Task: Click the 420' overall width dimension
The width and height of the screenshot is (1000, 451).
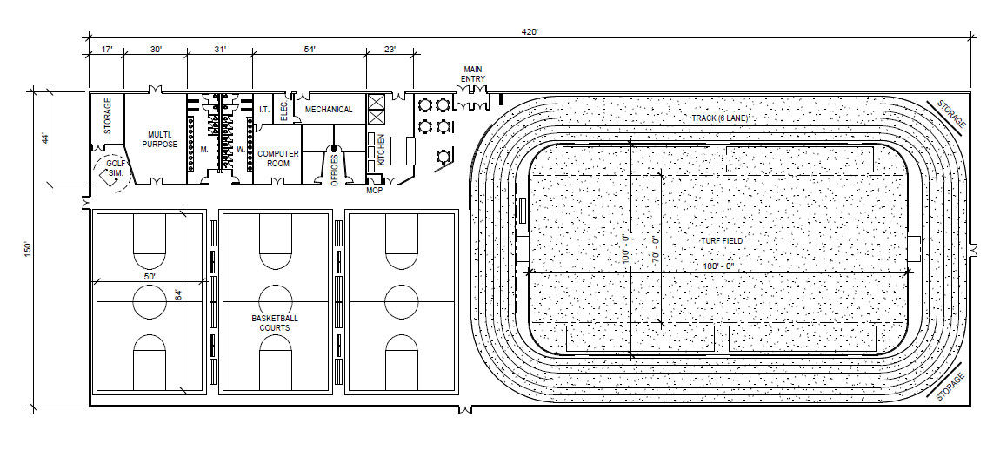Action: coord(530,31)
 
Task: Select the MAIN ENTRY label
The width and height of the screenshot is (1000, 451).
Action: coord(472,73)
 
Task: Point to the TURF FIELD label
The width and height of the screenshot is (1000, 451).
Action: coord(718,240)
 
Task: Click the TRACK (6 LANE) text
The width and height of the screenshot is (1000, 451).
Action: coord(719,118)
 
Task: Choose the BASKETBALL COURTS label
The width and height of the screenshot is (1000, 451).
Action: coord(275,323)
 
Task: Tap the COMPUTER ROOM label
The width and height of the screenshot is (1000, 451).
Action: coord(277,158)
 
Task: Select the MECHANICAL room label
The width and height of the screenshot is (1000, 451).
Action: coord(329,110)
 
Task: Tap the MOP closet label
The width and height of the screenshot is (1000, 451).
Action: coord(375,189)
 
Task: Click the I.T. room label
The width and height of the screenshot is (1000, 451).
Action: coord(264,110)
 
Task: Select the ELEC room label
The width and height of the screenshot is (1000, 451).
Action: coord(283,110)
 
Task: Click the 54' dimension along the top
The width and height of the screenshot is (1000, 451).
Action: coord(308,50)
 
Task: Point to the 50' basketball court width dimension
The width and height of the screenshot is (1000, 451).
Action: coord(150,275)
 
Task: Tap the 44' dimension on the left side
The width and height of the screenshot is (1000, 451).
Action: coord(43,138)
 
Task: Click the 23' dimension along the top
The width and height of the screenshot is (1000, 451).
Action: coord(390,50)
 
